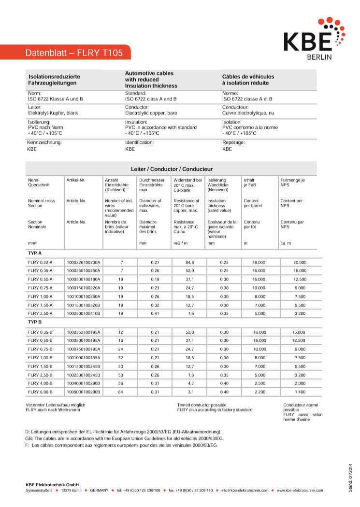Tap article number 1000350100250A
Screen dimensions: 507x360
(83, 271)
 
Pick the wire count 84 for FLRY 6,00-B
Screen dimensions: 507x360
(121, 392)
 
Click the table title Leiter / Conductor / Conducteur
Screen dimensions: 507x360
(172, 169)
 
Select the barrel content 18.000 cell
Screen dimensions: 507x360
(259, 262)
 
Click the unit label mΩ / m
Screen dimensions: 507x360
(181, 243)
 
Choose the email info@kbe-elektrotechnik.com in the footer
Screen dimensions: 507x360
(245, 491)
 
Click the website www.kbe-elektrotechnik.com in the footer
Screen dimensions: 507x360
(300, 491)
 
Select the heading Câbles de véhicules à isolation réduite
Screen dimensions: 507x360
(248, 80)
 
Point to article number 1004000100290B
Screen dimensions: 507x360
(83, 383)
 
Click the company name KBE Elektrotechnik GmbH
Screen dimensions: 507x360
(52, 484)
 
